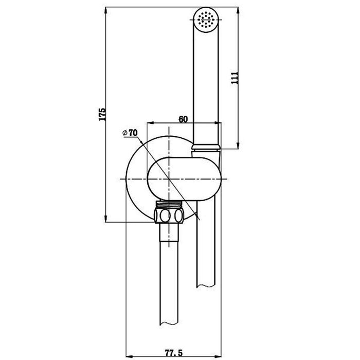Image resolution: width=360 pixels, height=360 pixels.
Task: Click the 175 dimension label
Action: coord(102,114)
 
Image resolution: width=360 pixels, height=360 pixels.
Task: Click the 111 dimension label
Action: coord(235,78)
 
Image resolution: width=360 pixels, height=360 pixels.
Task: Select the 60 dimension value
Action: coord(183,119)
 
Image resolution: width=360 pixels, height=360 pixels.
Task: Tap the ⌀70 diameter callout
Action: coord(130,133)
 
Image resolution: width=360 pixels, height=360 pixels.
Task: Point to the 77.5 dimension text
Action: coord(174,353)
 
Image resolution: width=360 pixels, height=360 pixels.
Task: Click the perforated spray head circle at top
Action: coord(206,20)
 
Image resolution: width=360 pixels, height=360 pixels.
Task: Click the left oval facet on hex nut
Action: coord(165,215)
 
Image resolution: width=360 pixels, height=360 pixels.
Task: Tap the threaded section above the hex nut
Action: coord(169,204)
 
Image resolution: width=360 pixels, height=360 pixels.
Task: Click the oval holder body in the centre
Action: coord(184,179)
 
